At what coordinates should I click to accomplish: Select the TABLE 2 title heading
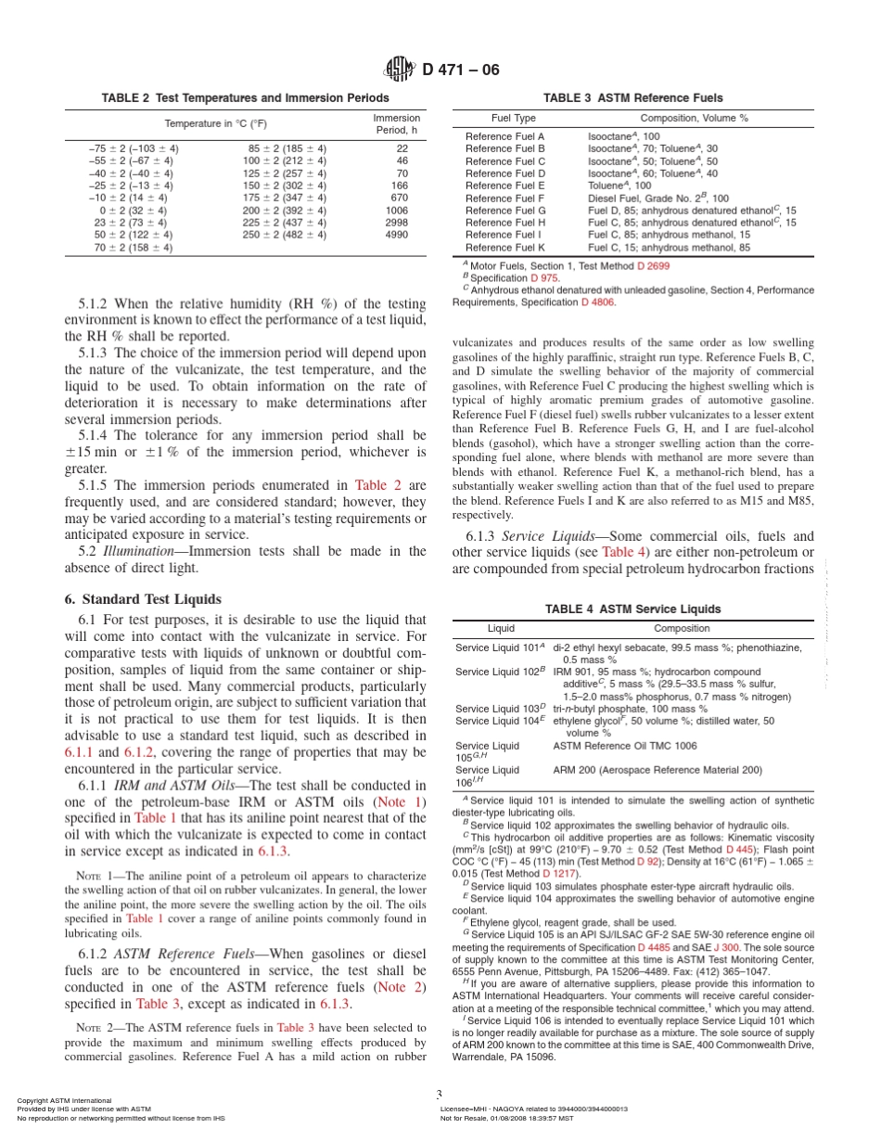[x=245, y=97]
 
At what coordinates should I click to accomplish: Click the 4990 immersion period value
[x=396, y=235]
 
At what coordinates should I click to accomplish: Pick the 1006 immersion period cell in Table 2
[x=396, y=211]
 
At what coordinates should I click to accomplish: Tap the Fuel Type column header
[x=513, y=119]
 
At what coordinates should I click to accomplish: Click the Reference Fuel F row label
[x=504, y=199]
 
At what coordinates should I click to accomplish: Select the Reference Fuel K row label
[x=504, y=248]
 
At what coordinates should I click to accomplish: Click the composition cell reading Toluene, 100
[x=619, y=186]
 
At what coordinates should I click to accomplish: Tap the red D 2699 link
[x=653, y=266]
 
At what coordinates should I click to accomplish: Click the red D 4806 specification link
[x=598, y=301]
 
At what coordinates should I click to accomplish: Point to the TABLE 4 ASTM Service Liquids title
[x=632, y=609]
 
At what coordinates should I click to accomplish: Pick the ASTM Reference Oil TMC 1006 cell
[x=625, y=745]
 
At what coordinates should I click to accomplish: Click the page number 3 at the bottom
[x=439, y=1094]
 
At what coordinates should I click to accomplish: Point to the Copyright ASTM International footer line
[x=64, y=1101]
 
